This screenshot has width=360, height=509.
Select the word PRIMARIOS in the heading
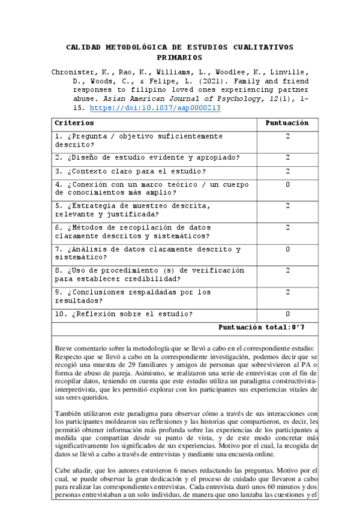pyautogui.click(x=179, y=58)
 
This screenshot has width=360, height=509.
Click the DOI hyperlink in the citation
pyautogui.click(x=155, y=108)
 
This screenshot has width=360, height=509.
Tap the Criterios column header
pyautogui.click(x=74, y=123)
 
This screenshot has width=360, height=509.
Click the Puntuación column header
pyautogui.click(x=287, y=123)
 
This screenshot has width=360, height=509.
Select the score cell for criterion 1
pyautogui.click(x=287, y=137)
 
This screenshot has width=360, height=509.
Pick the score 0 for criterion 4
pyautogui.click(x=287, y=184)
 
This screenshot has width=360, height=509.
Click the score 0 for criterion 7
pyautogui.click(x=287, y=249)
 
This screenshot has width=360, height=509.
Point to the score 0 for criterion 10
pyautogui.click(x=287, y=314)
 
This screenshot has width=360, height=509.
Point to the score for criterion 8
pyautogui.click(x=287, y=271)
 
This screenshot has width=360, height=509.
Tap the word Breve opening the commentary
pyautogui.click(x=65, y=349)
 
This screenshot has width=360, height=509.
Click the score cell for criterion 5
pyautogui.click(x=287, y=206)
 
